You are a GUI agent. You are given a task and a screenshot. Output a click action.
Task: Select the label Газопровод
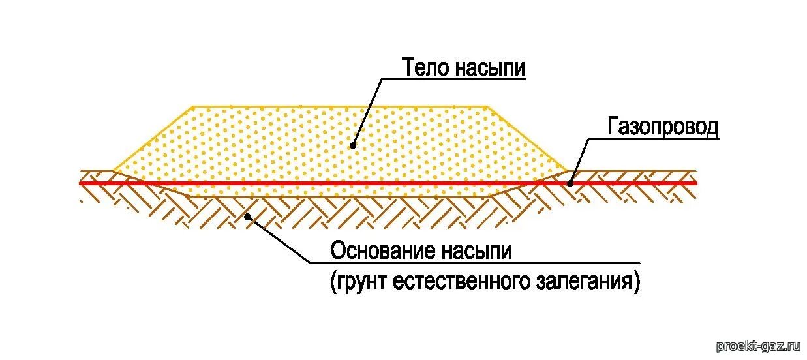pyautogui.click(x=663, y=127)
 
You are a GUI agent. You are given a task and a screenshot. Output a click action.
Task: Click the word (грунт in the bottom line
pyautogui.click(x=360, y=282)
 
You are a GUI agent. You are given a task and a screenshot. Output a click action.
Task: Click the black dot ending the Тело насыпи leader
pyautogui.click(x=353, y=145)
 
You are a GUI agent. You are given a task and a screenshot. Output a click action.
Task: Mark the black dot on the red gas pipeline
pyautogui.click(x=570, y=183)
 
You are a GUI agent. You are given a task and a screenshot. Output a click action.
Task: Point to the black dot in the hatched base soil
pyautogui.click(x=247, y=216)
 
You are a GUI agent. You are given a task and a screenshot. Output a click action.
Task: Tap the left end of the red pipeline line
pyautogui.click(x=80, y=183)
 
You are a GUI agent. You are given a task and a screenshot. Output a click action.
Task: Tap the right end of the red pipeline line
pyautogui.click(x=695, y=183)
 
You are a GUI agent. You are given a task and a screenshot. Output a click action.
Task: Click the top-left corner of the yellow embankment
pyautogui.click(x=192, y=106)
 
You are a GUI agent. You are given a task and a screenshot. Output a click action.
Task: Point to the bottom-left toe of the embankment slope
pyautogui.click(x=114, y=171)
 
